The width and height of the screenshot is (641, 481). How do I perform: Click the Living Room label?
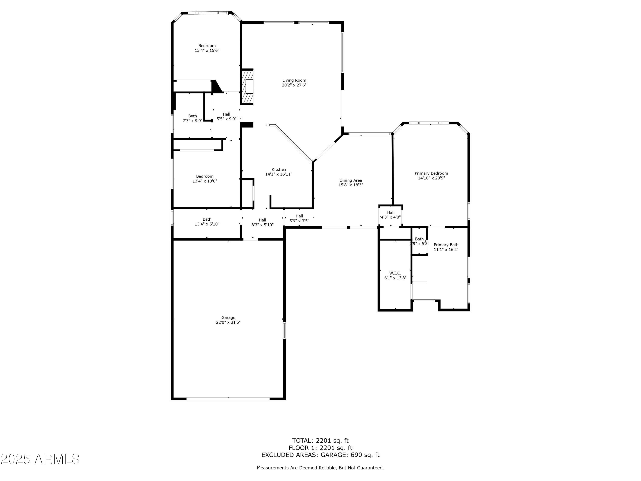[x=294, y=80]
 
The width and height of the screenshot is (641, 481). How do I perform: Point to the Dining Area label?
[x=351, y=180]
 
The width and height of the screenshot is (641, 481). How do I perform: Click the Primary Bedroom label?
[x=431, y=173]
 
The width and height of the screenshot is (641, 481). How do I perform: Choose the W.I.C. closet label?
[x=395, y=273]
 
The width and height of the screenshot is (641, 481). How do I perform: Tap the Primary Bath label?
[x=446, y=245]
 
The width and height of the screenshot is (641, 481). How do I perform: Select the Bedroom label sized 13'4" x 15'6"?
[x=207, y=46]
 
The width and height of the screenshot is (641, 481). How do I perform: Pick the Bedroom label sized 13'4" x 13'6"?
[x=205, y=176]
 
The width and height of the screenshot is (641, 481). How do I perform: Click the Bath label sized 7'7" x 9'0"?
[x=193, y=116]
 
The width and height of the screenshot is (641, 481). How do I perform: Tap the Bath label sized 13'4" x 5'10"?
[x=207, y=219]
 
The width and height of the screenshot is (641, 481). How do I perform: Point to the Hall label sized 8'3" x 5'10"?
[x=262, y=220]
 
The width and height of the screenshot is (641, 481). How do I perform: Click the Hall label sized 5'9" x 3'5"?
[x=299, y=216]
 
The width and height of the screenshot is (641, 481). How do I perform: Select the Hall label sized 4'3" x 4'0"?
[x=391, y=212]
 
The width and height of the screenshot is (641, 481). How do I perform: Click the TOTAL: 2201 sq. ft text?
[x=320, y=441]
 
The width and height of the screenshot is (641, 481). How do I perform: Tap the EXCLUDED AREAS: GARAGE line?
[x=320, y=455]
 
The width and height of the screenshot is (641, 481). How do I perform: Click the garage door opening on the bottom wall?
[x=228, y=399]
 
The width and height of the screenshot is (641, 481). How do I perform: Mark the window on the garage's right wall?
[x=284, y=331]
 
